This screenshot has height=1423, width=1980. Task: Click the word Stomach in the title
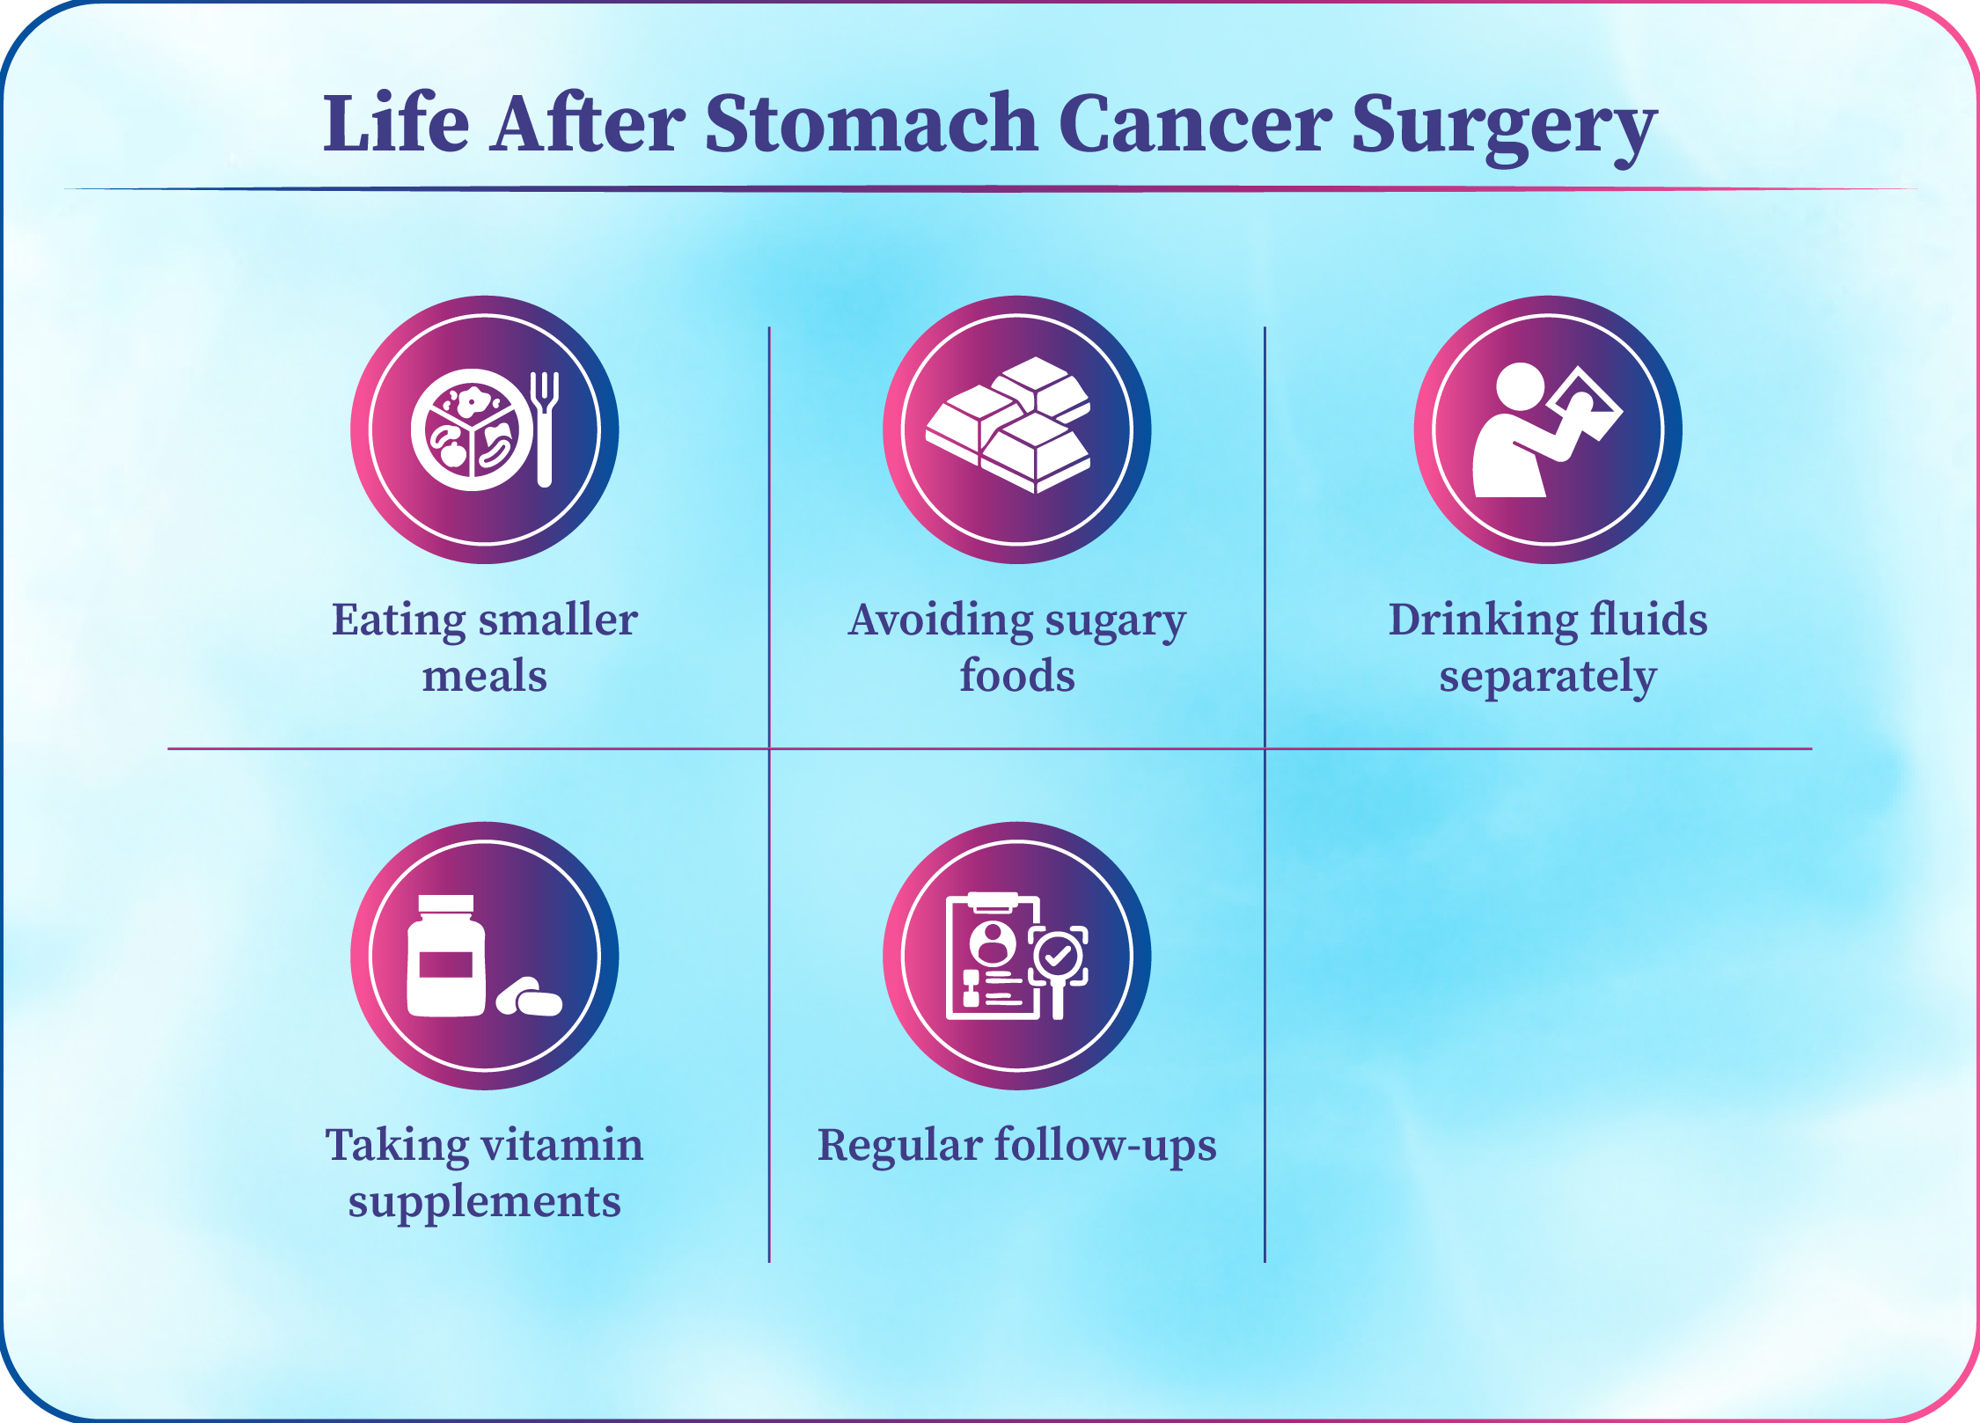871,123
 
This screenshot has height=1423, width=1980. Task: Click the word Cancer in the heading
1195,123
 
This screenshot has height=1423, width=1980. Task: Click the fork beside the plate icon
545,429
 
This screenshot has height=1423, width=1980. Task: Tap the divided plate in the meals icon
473,429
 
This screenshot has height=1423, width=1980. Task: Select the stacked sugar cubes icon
1008,424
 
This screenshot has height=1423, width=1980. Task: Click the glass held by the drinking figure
1584,404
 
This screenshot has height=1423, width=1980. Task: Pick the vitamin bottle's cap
446,905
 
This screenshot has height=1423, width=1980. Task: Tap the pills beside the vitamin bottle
529,997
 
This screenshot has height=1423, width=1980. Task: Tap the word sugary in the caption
1116,623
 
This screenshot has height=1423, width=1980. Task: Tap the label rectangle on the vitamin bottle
446,965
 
